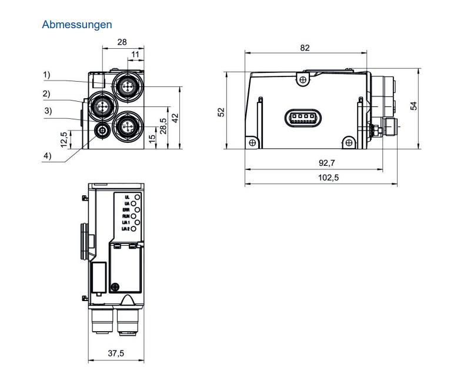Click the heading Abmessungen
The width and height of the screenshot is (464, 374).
(77, 25)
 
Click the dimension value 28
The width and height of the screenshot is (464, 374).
(122, 42)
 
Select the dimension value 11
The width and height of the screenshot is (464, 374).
(136, 55)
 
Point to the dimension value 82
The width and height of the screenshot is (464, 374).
(305, 48)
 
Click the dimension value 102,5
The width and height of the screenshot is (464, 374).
(321, 177)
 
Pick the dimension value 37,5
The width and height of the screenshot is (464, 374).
(115, 354)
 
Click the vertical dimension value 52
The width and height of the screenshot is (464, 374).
(222, 111)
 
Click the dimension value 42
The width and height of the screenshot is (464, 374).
(174, 118)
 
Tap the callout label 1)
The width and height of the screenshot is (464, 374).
(46, 75)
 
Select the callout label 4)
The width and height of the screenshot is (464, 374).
(46, 156)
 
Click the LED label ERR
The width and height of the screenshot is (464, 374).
(125, 209)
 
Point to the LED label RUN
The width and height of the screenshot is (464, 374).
(125, 216)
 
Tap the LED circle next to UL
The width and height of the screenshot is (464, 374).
(138, 196)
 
